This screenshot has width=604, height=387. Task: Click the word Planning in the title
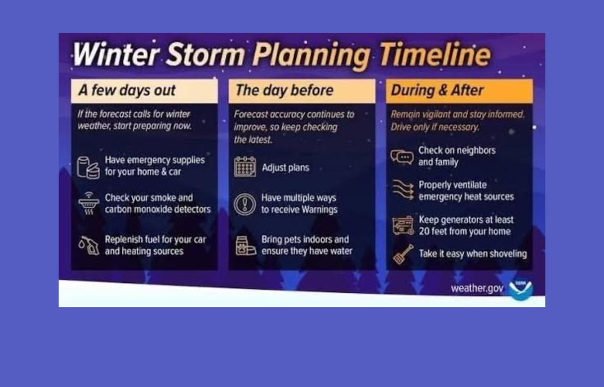[x=312, y=55]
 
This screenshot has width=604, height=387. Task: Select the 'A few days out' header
[x=127, y=91]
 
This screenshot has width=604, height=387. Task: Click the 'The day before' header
[x=284, y=91]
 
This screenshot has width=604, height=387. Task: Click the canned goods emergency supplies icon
[x=88, y=167]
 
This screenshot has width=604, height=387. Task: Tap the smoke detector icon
[x=89, y=203]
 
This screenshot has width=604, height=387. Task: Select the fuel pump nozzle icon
[x=89, y=245]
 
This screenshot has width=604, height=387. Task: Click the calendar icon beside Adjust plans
[x=245, y=167]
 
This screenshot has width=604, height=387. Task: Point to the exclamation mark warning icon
[x=245, y=204]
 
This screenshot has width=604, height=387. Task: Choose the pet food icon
[x=245, y=245]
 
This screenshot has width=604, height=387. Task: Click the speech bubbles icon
[x=402, y=157]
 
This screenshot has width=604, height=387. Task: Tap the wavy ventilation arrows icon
[x=402, y=190]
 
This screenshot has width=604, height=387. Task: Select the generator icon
[x=402, y=226]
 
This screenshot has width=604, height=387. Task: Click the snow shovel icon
[x=403, y=254]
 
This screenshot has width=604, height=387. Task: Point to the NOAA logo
[x=520, y=289]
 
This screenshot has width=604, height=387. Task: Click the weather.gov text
[x=477, y=289]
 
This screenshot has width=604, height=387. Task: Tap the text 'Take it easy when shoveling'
[x=473, y=254]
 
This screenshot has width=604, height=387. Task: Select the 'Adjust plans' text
[x=285, y=167]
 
